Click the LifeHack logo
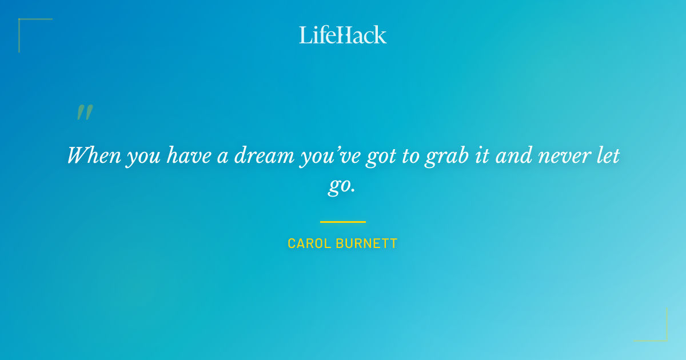[343, 35]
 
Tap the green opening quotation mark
[85, 113]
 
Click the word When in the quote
[93, 155]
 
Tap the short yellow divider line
[343, 222]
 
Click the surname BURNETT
[368, 243]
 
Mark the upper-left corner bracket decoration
[26, 26]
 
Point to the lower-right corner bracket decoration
[659, 333]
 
